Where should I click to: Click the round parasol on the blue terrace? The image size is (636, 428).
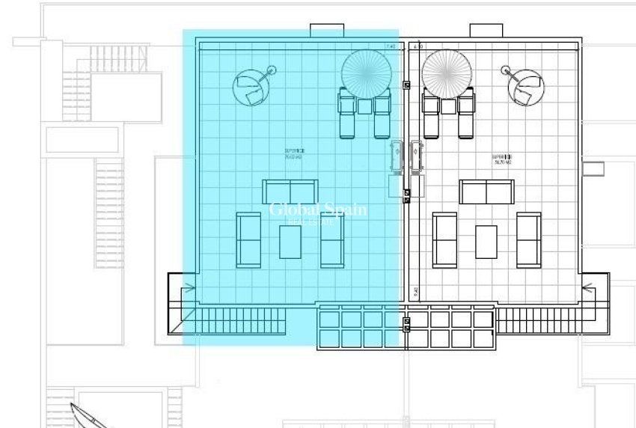(x=366, y=73)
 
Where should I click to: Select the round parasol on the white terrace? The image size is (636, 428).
(x=446, y=73)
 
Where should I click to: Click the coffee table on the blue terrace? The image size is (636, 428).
(x=290, y=242)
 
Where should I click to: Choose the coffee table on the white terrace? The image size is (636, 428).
(x=486, y=242)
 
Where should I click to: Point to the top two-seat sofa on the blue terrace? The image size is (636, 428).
(x=290, y=192)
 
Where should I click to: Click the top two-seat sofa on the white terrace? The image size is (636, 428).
(x=487, y=192)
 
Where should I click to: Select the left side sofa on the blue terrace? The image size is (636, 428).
(x=248, y=239)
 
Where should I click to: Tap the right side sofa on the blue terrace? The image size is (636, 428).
(x=332, y=239)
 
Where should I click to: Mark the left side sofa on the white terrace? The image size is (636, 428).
(x=444, y=239)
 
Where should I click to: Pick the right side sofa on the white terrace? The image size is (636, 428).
(x=528, y=239)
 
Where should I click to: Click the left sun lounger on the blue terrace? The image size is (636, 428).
(x=348, y=114)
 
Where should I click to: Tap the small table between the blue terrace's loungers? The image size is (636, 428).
(x=365, y=106)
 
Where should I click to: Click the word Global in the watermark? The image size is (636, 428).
(x=294, y=210)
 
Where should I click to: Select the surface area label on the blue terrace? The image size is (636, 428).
(x=294, y=153)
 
